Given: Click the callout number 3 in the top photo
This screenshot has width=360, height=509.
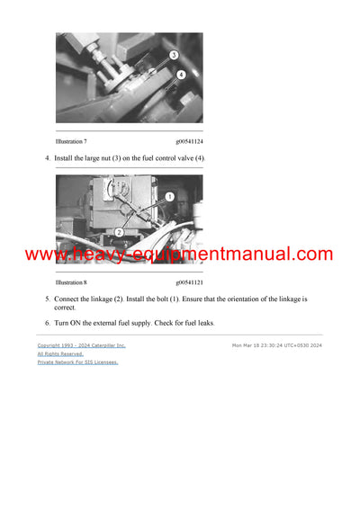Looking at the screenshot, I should [x=172, y=56].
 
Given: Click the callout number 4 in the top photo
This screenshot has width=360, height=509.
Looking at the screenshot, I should [x=181, y=75].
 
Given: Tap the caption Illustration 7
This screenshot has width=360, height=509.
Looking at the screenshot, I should [x=71, y=141].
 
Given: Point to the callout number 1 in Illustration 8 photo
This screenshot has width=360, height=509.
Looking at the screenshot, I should [x=170, y=196].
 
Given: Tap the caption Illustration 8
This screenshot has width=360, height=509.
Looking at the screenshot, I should [x=71, y=282].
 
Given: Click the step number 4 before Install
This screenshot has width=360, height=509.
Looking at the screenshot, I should [x=47, y=158].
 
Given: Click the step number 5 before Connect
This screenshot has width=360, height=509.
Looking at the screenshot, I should [x=47, y=299].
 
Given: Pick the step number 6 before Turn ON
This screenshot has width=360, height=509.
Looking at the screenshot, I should [x=47, y=323].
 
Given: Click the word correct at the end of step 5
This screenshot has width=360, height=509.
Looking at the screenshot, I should [x=65, y=308].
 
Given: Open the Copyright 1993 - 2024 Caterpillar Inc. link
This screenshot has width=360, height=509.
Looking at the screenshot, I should [x=81, y=345].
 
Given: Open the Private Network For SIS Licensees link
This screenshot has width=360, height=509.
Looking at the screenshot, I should [x=77, y=362].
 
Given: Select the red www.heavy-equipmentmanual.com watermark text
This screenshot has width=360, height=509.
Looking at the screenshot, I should [x=179, y=254].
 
